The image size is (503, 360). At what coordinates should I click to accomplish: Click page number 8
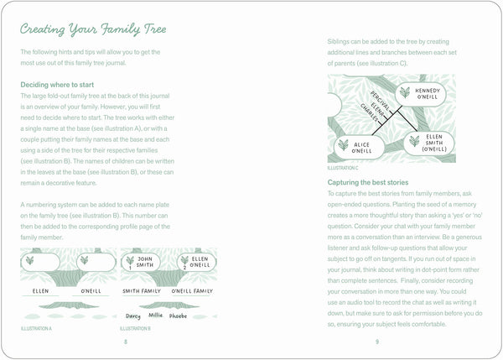click(x=125, y=342)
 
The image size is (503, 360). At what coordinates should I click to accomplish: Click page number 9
click(x=377, y=342)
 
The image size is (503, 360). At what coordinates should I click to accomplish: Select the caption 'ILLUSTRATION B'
click(x=136, y=328)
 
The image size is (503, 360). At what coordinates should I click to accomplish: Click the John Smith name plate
click(x=142, y=263)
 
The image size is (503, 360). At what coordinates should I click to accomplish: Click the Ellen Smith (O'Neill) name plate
click(x=427, y=143)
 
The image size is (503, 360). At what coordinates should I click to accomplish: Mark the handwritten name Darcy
click(x=132, y=316)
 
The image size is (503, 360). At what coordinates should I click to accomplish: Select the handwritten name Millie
click(x=156, y=316)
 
